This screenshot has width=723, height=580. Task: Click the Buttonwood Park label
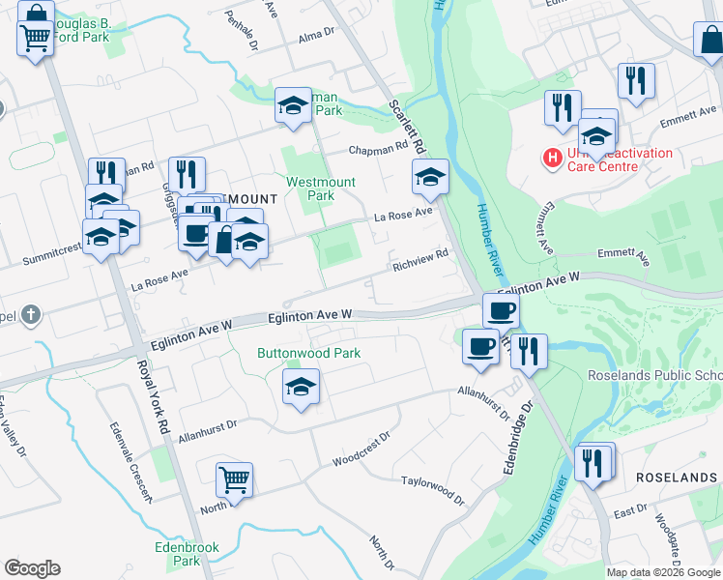tap(308, 353)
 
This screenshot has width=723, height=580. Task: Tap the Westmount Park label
tap(321, 188)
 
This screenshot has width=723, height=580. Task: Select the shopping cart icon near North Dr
tap(235, 478)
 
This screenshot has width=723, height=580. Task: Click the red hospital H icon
tap(552, 157)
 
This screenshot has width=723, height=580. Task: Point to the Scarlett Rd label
tap(407, 127)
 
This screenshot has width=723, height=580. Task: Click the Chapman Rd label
tap(378, 150)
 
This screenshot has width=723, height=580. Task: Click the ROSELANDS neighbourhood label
tap(676, 478)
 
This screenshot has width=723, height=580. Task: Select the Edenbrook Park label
tap(187, 554)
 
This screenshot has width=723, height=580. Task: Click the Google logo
tap(32, 568)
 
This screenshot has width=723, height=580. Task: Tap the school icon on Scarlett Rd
tap(430, 177)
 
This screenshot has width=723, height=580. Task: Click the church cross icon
tap(31, 314)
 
